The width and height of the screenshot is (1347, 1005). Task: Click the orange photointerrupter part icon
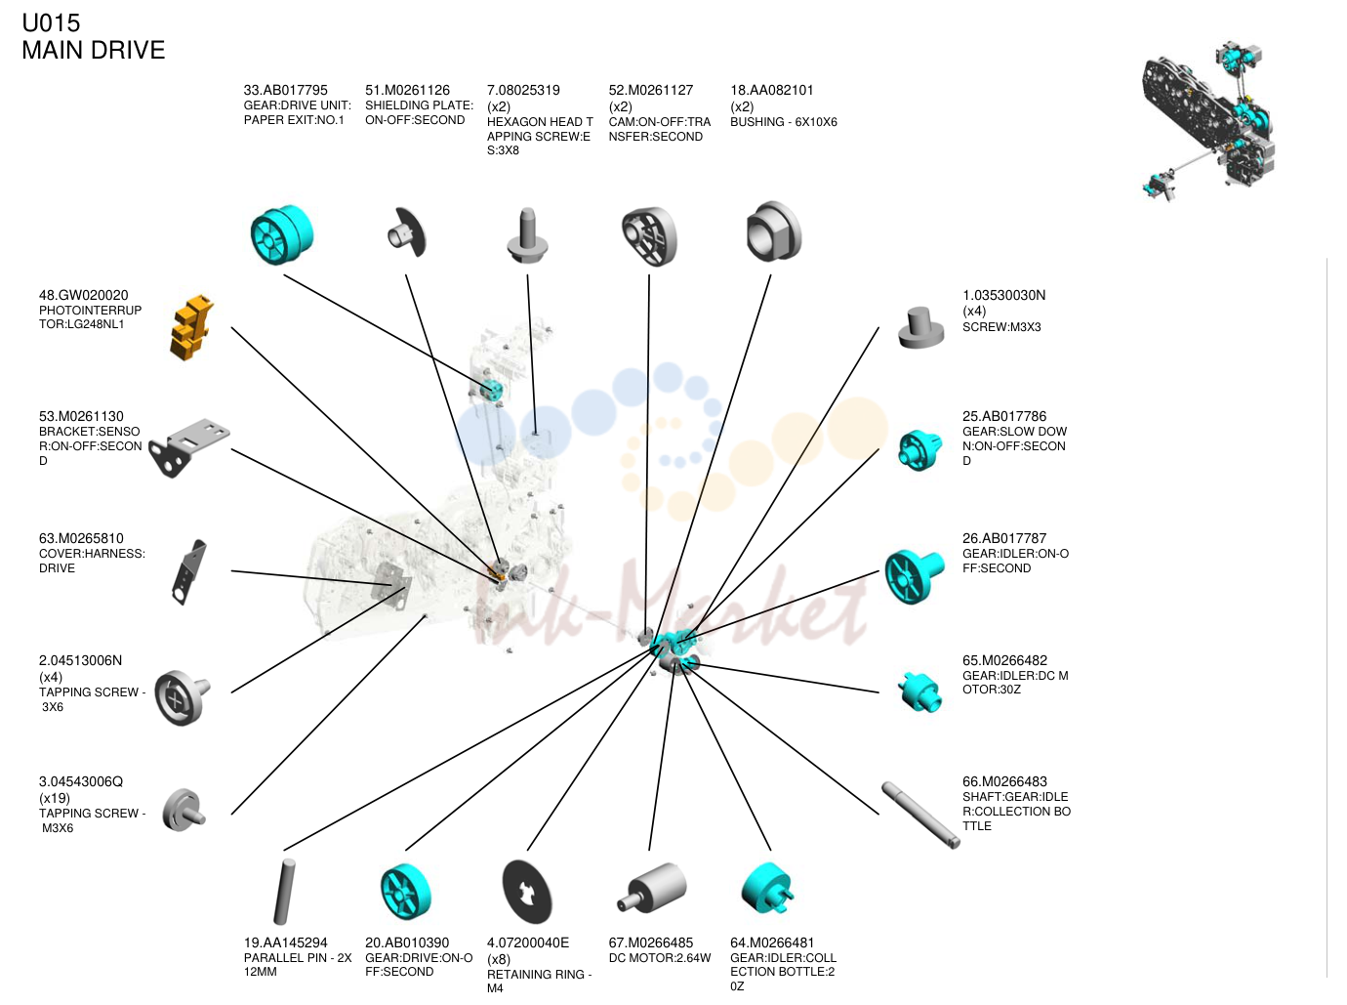[191, 327]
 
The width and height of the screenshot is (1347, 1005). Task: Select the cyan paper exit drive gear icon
[282, 234]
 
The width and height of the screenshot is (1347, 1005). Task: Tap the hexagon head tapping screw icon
[526, 235]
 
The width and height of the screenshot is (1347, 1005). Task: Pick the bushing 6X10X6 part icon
[773, 231]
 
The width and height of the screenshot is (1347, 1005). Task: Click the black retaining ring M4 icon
[526, 892]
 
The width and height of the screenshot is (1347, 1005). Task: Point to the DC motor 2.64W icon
[651, 887]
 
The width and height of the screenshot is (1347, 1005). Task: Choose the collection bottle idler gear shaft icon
[920, 815]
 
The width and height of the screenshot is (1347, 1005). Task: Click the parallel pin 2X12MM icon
[283, 892]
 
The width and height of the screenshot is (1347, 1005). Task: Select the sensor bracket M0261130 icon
[189, 447]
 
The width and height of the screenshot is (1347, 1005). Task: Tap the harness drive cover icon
[189, 572]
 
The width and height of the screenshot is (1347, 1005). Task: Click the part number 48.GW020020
[84, 295]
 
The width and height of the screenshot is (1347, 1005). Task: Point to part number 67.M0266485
[650, 942]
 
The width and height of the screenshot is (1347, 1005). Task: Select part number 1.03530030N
[1003, 295]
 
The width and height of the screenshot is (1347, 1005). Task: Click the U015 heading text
[51, 23]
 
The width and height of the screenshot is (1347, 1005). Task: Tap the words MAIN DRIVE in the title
[94, 51]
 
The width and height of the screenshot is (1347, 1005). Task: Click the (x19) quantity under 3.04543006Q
[55, 798]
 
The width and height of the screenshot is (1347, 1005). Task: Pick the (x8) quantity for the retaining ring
[499, 959]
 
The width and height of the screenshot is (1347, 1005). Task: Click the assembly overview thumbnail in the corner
[1207, 121]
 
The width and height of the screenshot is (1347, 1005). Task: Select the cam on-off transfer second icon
[649, 236]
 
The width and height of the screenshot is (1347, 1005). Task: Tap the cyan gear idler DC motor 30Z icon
[919, 691]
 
